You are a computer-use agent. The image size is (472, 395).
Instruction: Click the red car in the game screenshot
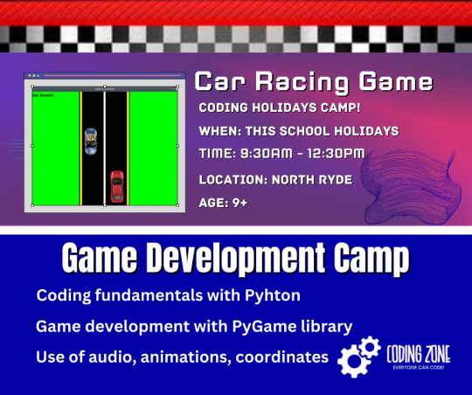(x=117, y=187)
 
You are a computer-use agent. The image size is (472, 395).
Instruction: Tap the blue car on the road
(x=91, y=142)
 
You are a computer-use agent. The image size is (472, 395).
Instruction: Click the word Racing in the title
(x=302, y=82)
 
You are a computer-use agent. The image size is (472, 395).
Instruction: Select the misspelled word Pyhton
(x=273, y=295)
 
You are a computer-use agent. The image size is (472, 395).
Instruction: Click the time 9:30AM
(x=267, y=154)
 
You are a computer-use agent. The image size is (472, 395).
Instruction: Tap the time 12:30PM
(x=336, y=154)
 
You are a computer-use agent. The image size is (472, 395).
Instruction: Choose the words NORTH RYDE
(x=312, y=180)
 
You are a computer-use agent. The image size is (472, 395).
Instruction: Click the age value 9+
(x=239, y=203)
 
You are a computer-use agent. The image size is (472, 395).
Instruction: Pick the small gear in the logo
(x=370, y=347)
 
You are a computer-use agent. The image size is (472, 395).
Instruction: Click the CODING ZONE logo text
(x=419, y=354)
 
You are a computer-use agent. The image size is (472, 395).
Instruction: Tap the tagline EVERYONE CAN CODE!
(x=419, y=368)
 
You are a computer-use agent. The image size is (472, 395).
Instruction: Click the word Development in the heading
(x=236, y=258)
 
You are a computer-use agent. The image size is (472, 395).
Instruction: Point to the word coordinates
(x=282, y=357)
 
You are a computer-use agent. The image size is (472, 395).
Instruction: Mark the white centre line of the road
(x=105, y=149)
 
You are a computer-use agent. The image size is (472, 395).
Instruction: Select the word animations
(x=184, y=357)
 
